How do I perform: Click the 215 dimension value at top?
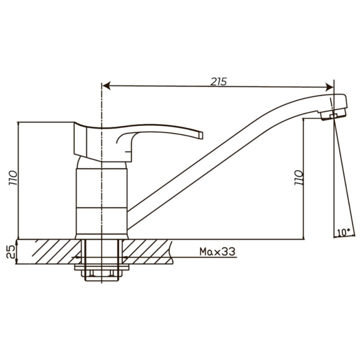[x=219, y=81]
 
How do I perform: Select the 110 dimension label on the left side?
[x=13, y=178]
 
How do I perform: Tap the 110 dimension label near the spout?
[x=299, y=177]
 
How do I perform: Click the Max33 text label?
[x=217, y=252]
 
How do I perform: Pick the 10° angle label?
[x=344, y=232]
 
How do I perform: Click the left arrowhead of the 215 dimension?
[x=107, y=86]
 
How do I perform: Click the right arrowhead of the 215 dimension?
[x=329, y=87]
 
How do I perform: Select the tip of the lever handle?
[x=201, y=135]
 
